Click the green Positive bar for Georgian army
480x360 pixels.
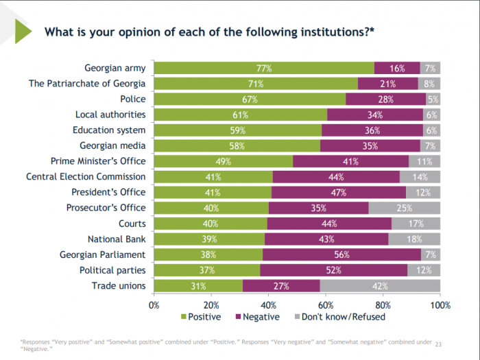(x=264, y=68)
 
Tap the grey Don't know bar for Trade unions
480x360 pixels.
(x=380, y=286)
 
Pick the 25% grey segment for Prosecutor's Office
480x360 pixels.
(x=404, y=208)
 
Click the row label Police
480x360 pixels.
(x=132, y=99)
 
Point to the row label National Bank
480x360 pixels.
(x=117, y=239)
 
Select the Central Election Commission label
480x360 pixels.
(x=86, y=177)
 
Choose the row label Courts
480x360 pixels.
(x=132, y=224)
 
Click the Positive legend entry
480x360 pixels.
(x=200, y=317)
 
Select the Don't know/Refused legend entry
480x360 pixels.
(x=339, y=317)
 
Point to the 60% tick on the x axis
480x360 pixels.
(x=326, y=304)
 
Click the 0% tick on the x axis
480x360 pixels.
(x=154, y=304)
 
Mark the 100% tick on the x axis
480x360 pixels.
(x=440, y=304)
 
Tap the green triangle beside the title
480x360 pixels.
(x=23, y=31)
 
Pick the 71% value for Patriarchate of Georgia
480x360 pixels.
(x=256, y=84)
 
